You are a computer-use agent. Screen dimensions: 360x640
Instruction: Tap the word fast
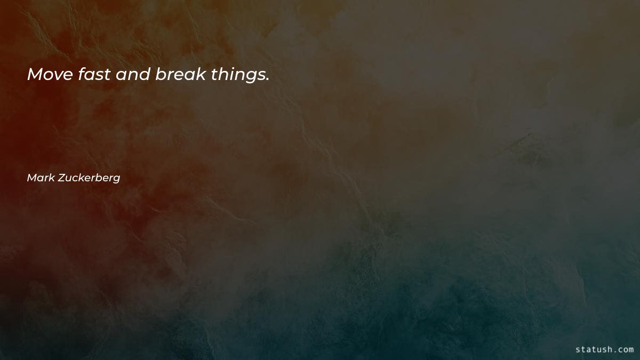[x=93, y=75]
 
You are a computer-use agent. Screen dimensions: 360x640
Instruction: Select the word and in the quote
[x=133, y=75]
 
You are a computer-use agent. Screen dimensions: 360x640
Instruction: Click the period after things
[x=267, y=81]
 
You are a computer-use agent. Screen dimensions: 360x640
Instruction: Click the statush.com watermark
[x=604, y=350]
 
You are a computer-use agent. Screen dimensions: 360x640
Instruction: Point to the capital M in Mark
[x=31, y=178]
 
